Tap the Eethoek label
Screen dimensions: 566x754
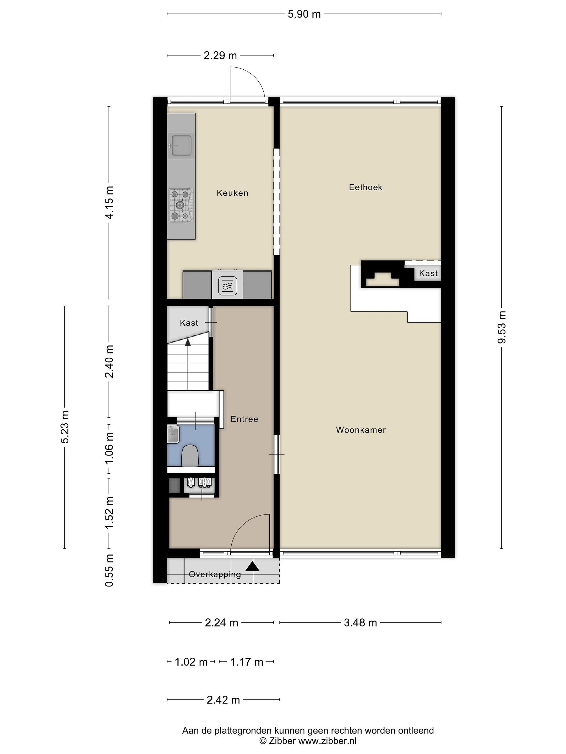365,187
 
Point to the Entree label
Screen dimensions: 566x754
244,419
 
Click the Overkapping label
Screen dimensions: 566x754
215,574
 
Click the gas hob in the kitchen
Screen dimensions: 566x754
181,205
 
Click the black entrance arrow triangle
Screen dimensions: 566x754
252,566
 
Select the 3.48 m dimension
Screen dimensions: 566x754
360,623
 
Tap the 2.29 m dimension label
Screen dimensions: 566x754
220,56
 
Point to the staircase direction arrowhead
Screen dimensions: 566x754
188,342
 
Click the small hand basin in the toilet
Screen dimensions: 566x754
173,434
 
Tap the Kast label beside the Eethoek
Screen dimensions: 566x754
428,273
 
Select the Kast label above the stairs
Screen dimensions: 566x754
189,323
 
